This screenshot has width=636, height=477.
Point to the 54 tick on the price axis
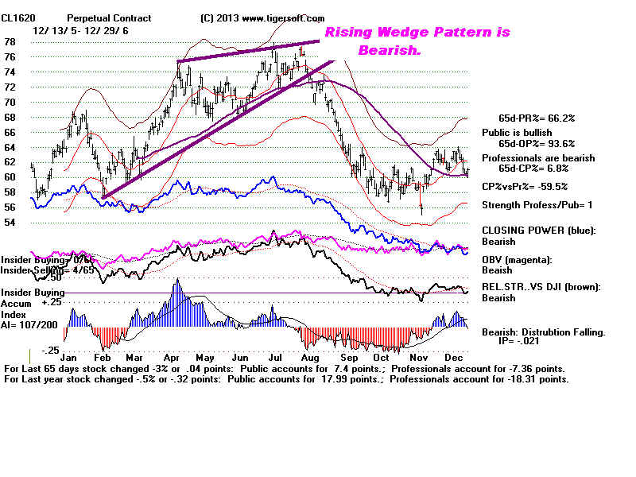click(x=10, y=223)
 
